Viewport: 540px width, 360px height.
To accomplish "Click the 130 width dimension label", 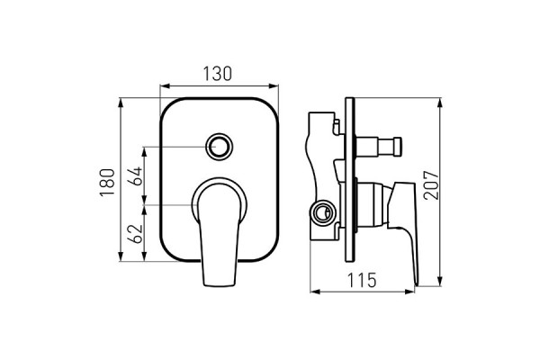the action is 217,74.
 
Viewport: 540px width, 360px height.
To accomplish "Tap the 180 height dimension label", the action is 107,182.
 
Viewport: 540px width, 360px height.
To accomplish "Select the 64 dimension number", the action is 135,176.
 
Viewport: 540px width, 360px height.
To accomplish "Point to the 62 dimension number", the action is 135,234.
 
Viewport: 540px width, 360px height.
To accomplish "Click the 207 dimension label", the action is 431,185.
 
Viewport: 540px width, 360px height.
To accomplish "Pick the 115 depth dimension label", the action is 362,281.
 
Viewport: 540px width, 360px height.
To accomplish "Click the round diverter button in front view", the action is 219,147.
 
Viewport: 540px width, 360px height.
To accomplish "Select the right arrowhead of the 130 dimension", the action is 274,85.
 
